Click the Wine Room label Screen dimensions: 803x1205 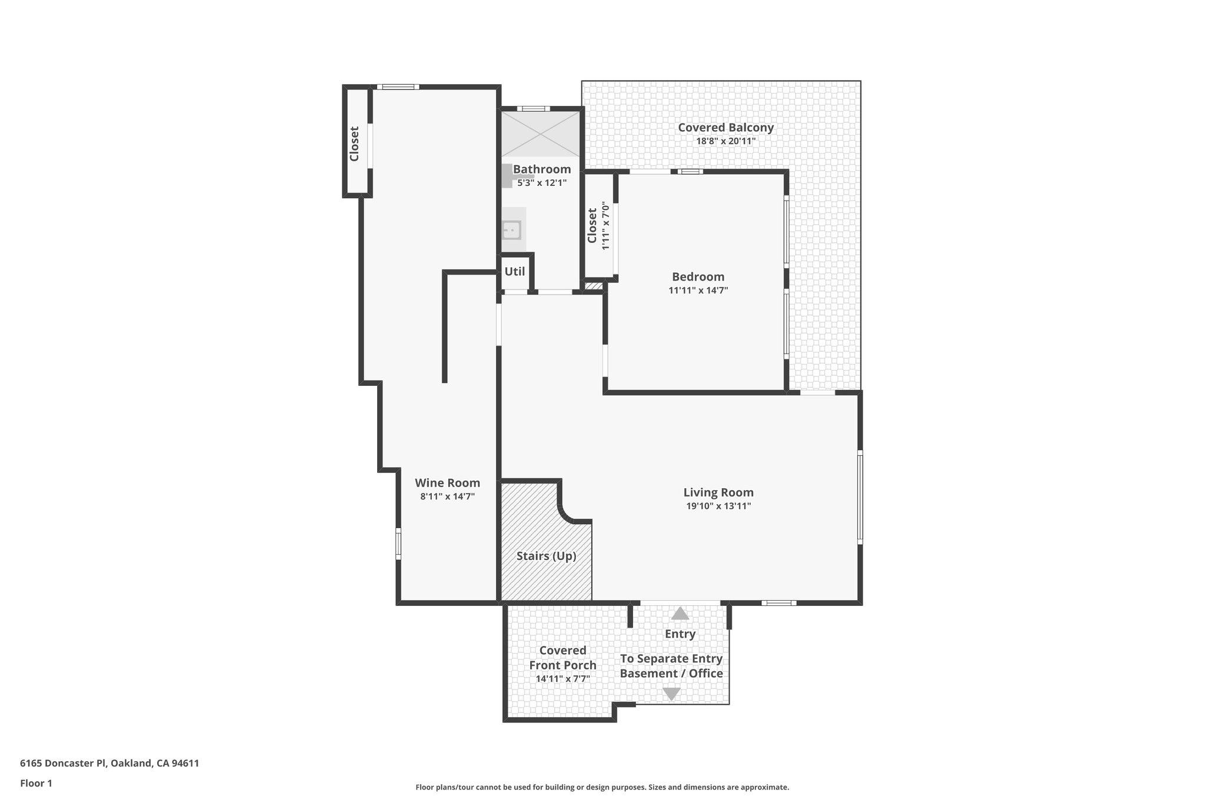447,483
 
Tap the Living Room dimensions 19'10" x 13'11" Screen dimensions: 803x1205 718,506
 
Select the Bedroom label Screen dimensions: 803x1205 698,276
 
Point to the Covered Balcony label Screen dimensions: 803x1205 725,128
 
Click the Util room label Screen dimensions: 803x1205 515,272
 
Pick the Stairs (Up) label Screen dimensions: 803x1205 546,556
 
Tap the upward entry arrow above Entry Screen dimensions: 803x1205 680,614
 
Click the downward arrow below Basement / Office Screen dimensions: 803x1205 671,694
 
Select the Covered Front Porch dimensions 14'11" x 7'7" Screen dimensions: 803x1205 562,679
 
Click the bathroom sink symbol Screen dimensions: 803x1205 512,229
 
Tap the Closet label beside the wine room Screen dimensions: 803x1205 354,144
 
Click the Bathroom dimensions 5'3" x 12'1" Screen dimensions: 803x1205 541,183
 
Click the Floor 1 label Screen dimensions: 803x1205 36,784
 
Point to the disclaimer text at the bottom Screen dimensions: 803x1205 602,787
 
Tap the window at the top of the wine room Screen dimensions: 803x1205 398,87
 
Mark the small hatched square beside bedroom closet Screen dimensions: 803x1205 594,286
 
